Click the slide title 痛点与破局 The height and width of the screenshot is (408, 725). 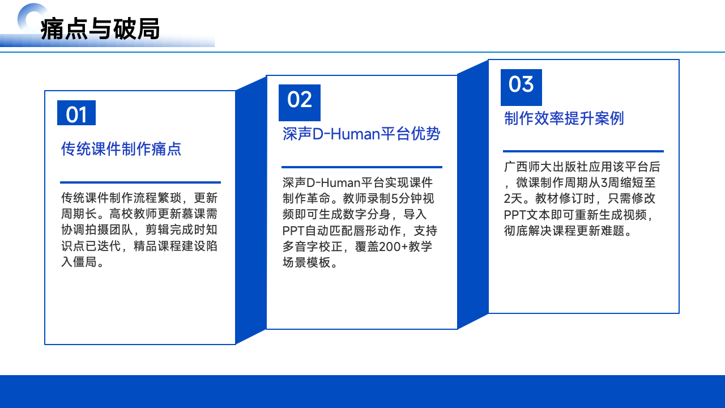[x=100, y=29]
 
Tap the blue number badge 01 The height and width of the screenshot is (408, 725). [x=76, y=113]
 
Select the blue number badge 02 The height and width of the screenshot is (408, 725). [x=300, y=103]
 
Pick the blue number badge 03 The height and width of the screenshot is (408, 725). [x=521, y=87]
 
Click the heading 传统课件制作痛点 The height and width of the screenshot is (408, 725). [x=121, y=149]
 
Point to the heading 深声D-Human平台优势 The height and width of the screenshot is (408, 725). [x=361, y=134]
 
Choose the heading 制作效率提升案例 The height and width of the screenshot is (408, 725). [x=564, y=118]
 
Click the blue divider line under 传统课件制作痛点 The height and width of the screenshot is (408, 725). [x=140, y=182]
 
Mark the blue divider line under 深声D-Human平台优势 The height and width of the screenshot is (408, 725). [x=362, y=167]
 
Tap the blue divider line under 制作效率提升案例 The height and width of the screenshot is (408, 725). [x=583, y=151]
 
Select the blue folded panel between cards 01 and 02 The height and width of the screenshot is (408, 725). [x=251, y=210]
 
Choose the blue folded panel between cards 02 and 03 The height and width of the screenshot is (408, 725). [x=473, y=194]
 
